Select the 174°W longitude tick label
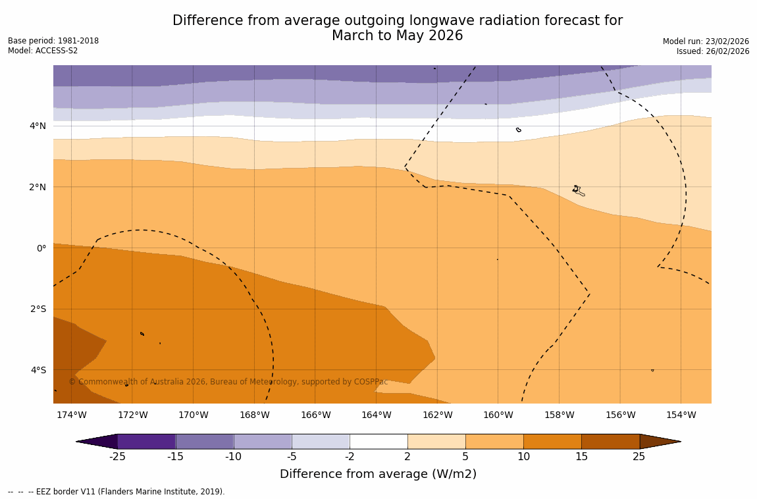[71, 415]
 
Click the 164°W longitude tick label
[376, 415]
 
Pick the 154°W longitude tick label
[681, 415]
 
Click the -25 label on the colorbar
[117, 457]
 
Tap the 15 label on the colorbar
[581, 457]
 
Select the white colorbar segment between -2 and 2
[378, 441]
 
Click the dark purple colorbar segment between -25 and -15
[146, 441]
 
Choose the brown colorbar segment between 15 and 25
[610, 441]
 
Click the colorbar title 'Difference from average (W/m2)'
[378, 474]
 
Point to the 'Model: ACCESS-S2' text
[43, 51]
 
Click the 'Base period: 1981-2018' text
[53, 41]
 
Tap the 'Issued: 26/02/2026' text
[713, 51]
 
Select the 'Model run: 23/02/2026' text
[706, 41]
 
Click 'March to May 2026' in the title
[397, 36]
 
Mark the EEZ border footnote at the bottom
[117, 492]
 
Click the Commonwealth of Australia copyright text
[228, 382]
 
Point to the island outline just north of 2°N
[577, 190]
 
